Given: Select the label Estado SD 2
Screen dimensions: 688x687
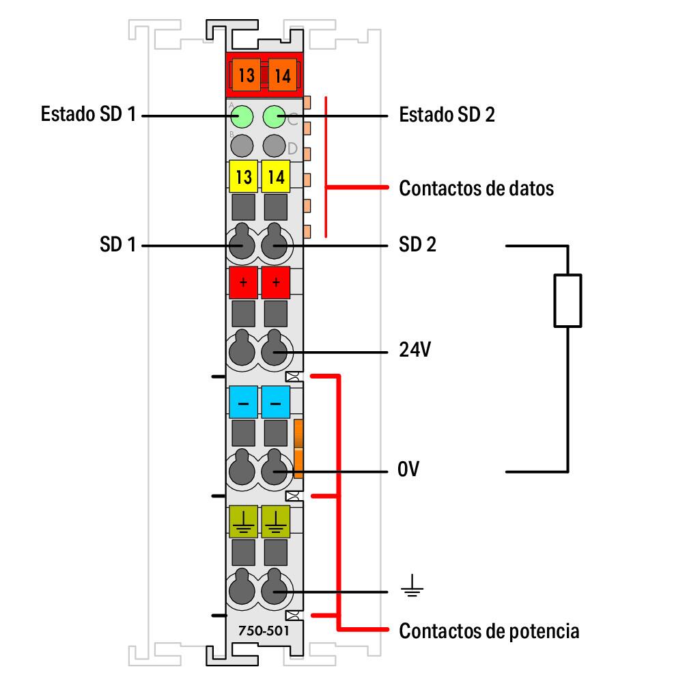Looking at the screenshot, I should pos(447,114).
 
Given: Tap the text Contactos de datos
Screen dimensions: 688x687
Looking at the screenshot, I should pos(476,188).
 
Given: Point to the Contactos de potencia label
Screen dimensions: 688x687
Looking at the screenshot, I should pos(489,630).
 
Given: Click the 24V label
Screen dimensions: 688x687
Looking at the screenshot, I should pos(415,352).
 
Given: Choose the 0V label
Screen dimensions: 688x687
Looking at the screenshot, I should pos(409,471).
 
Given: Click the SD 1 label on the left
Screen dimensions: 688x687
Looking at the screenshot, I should pos(117,244).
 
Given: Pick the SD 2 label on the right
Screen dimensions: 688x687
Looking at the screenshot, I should pos(417,244).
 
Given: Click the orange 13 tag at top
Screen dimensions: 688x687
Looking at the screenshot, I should pos(247,74).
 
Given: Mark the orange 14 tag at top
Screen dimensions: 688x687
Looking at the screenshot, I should pos(282,74).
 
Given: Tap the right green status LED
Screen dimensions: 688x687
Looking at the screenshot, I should pos(275,116).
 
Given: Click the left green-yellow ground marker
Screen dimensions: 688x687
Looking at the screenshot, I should pos(243,521).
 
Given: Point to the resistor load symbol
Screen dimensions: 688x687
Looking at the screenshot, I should pos(567,300).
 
